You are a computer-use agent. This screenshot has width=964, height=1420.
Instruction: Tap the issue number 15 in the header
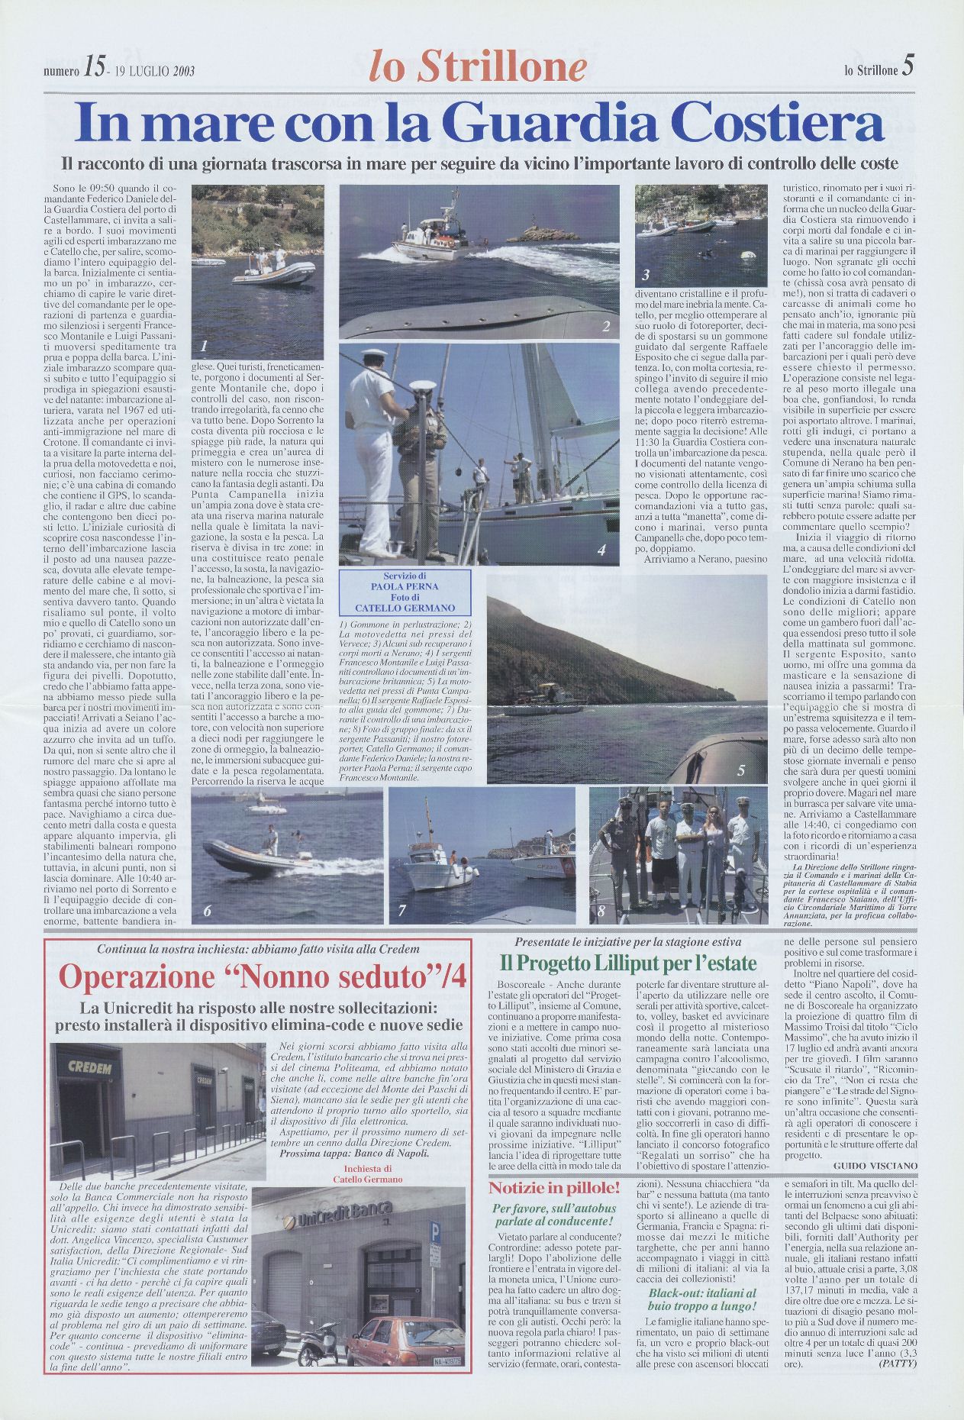(95, 69)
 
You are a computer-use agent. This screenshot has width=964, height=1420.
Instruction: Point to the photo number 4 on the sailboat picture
(601, 550)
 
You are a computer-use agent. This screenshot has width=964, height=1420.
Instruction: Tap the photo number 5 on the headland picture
(740, 770)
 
